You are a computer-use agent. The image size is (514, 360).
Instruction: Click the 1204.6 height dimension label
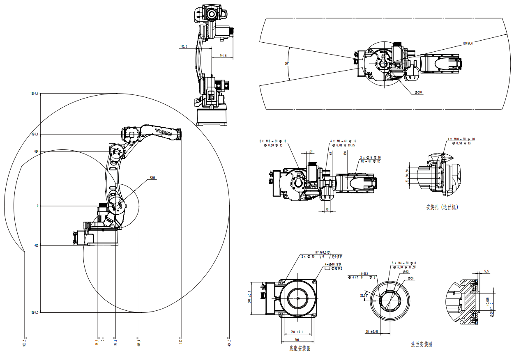(x=34, y=94)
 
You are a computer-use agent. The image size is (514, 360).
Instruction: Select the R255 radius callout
(x=152, y=178)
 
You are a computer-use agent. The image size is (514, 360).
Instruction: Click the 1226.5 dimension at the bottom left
(x=34, y=312)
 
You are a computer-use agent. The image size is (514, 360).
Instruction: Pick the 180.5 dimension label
(x=183, y=47)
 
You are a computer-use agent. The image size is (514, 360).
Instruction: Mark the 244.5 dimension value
(x=224, y=55)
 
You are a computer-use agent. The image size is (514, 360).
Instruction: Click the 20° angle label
(x=287, y=64)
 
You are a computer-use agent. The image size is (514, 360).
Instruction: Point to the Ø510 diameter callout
(x=418, y=92)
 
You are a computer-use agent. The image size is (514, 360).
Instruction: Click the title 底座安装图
(x=300, y=349)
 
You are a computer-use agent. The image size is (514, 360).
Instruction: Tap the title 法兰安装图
(x=421, y=344)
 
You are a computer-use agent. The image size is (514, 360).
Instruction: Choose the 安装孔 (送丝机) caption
(x=442, y=207)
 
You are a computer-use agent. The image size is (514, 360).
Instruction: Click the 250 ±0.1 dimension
(x=297, y=332)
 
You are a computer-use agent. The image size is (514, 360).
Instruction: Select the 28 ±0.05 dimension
(x=372, y=331)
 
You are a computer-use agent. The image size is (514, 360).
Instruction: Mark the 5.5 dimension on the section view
(x=486, y=271)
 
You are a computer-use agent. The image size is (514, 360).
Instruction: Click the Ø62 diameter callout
(x=406, y=272)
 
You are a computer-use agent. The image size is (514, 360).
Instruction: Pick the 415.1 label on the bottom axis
(x=139, y=342)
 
